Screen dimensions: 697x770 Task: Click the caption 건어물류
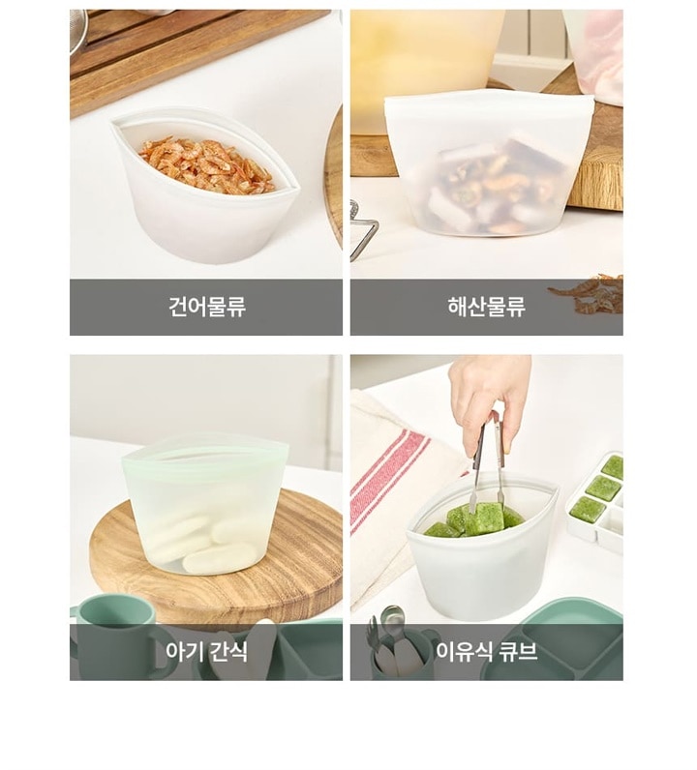pyautogui.click(x=207, y=307)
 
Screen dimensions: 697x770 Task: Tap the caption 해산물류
pyautogui.click(x=486, y=307)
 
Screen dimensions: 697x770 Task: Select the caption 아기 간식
pyautogui.click(x=206, y=652)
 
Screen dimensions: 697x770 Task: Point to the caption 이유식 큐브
pyautogui.click(x=486, y=652)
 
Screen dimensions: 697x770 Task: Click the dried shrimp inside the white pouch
pyautogui.click(x=206, y=164)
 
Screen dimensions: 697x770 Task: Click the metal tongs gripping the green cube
pyautogui.click(x=489, y=461)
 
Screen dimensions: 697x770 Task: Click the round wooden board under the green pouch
pyautogui.click(x=216, y=550)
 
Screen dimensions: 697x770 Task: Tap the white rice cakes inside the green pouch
pyautogui.click(x=206, y=543)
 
